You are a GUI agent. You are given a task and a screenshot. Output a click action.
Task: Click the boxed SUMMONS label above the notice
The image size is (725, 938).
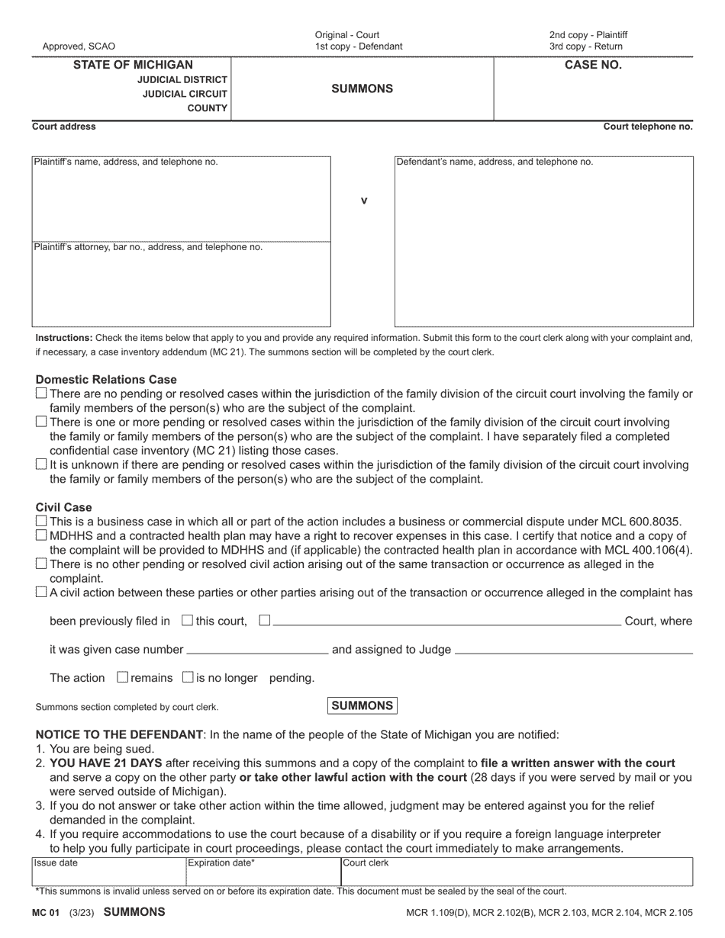click(362, 705)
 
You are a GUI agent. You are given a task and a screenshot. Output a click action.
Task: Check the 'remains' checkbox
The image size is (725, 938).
click(123, 677)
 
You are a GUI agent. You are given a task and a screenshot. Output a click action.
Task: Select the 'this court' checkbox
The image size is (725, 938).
click(188, 620)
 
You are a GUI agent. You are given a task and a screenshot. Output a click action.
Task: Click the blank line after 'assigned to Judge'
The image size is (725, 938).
click(573, 650)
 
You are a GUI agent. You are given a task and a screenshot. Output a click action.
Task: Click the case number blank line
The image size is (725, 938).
click(257, 650)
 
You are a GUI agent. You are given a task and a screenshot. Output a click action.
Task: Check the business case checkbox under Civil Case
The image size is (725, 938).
click(41, 521)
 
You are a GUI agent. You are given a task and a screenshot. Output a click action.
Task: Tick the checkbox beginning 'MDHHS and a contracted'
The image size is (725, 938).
click(41, 535)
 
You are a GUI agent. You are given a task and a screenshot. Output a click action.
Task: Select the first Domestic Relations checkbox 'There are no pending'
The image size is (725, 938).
click(41, 394)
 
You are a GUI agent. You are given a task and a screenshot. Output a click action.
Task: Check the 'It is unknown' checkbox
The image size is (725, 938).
click(41, 464)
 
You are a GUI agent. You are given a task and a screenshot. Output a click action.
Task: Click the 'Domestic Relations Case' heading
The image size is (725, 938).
click(106, 379)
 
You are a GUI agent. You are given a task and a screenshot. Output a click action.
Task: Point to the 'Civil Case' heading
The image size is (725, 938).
click(63, 507)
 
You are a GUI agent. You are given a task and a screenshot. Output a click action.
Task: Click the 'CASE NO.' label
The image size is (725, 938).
click(593, 66)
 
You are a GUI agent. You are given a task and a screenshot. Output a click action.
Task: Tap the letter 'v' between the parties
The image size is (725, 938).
click(363, 201)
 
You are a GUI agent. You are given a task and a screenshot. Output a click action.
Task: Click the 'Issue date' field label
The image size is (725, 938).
click(55, 863)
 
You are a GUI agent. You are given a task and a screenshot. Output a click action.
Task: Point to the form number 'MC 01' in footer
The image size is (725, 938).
click(45, 912)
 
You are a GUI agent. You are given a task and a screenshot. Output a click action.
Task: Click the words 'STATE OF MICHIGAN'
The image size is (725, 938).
click(133, 66)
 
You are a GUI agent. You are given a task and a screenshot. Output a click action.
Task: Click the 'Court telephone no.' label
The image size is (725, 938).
click(648, 127)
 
